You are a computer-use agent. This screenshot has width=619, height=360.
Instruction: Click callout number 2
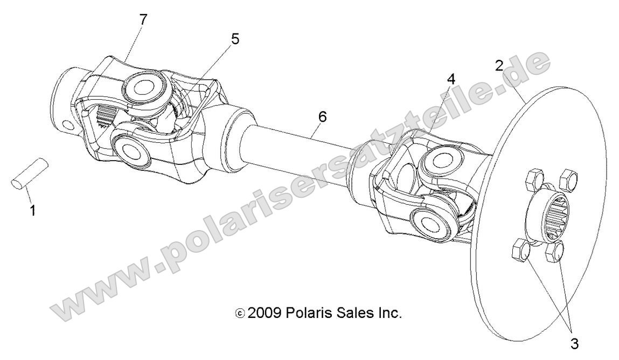pyautogui.click(x=499, y=66)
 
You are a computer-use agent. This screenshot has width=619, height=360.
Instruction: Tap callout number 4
pyautogui.click(x=451, y=78)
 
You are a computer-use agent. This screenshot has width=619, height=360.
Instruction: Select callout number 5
pyautogui.click(x=235, y=39)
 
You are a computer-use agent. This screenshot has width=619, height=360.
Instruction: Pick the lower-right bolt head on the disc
pyautogui.click(x=555, y=252)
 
